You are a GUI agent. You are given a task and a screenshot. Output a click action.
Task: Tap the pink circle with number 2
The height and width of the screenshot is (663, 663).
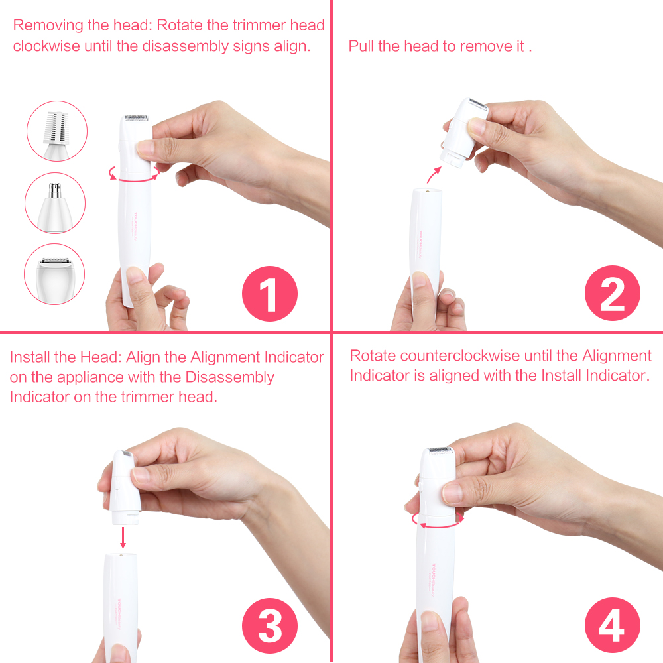pyautogui.click(x=612, y=294)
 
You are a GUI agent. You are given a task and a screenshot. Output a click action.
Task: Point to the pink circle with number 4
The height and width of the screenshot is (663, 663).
pyautogui.click(x=612, y=625)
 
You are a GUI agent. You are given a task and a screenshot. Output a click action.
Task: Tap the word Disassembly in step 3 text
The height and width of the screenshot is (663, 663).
pyautogui.click(x=229, y=377)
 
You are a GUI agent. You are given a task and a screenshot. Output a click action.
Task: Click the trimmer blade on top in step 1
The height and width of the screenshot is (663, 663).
pyautogui.click(x=135, y=117)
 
